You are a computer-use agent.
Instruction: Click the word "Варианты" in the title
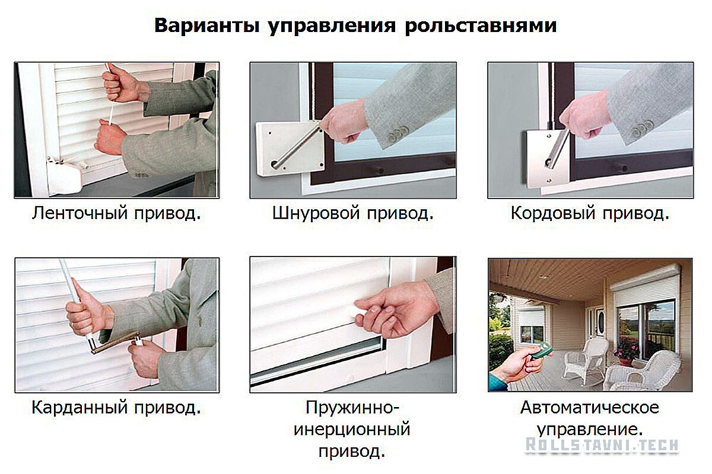click(207, 25)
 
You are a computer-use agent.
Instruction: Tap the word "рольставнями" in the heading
click(481, 25)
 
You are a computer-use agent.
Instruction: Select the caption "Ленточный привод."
click(116, 213)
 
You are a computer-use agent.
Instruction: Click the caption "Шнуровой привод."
click(353, 213)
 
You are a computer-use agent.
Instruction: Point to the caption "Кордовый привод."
click(590, 213)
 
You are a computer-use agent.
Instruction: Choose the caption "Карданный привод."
click(116, 407)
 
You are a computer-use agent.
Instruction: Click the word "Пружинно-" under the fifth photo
click(352, 408)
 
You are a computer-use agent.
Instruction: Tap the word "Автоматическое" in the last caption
click(590, 407)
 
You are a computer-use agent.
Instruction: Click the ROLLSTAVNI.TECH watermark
click(602, 445)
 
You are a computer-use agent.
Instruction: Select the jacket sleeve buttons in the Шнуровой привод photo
click(398, 134)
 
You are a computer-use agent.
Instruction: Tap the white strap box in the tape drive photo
click(65, 175)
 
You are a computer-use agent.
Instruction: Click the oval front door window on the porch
click(600, 322)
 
